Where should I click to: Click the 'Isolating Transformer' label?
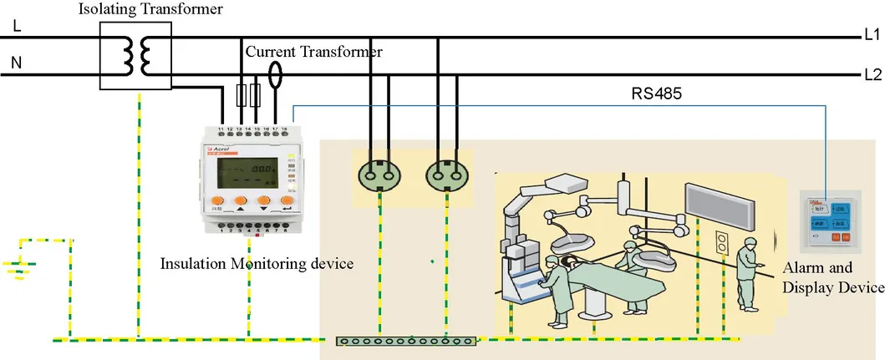[x=151, y=9]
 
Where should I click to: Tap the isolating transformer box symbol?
[x=135, y=55]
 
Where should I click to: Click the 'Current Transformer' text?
[x=313, y=52]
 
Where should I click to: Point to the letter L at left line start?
[x=16, y=26]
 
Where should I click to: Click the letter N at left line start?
[x=16, y=62]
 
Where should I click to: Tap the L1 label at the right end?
[x=872, y=36]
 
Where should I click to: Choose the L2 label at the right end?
[x=872, y=74]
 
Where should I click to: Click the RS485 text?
[x=656, y=94]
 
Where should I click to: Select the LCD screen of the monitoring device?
[x=247, y=175]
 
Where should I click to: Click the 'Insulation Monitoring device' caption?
[x=257, y=264]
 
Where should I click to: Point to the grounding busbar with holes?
[x=406, y=341]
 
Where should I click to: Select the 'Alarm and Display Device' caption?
[x=832, y=278]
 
